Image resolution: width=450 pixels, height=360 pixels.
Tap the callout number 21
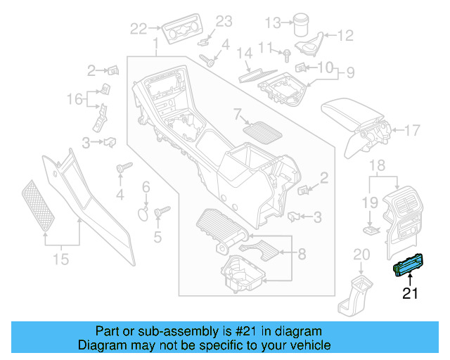tap(409, 294)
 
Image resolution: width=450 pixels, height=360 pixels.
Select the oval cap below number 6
tap(143, 214)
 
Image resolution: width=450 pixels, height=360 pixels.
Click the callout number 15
tap(62, 259)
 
